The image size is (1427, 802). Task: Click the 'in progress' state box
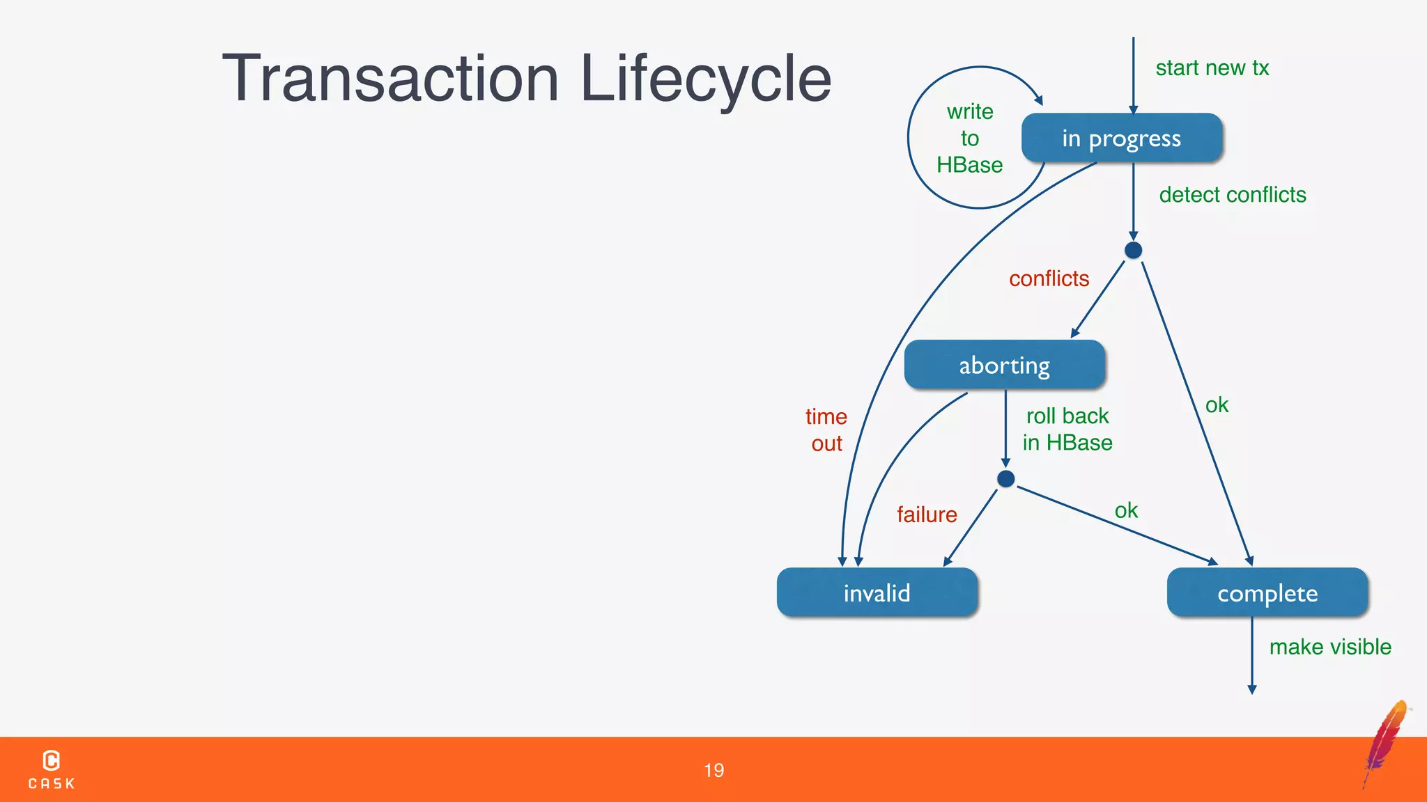(1121, 139)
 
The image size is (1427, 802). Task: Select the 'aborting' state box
(1004, 365)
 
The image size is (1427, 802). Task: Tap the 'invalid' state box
(877, 592)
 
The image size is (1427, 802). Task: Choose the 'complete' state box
(1267, 592)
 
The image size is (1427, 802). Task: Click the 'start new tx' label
(1212, 68)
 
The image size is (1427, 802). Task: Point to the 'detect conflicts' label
(1232, 195)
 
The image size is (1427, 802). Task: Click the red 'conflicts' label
(1049, 278)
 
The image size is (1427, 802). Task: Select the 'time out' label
(826, 430)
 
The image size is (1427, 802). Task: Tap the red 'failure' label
(926, 514)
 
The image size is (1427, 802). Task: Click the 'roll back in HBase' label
(1067, 429)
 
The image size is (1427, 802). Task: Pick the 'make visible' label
(1329, 647)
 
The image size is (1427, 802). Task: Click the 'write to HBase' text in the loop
(969, 138)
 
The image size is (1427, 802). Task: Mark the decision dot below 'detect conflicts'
(1133, 251)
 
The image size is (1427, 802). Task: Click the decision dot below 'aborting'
(1005, 479)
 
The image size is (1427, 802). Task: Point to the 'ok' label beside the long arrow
(1217, 405)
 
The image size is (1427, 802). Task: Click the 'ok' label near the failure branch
(1126, 511)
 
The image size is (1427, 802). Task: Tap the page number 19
(713, 770)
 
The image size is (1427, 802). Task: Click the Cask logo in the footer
(52, 769)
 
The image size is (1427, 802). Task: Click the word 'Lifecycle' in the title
(705, 79)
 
